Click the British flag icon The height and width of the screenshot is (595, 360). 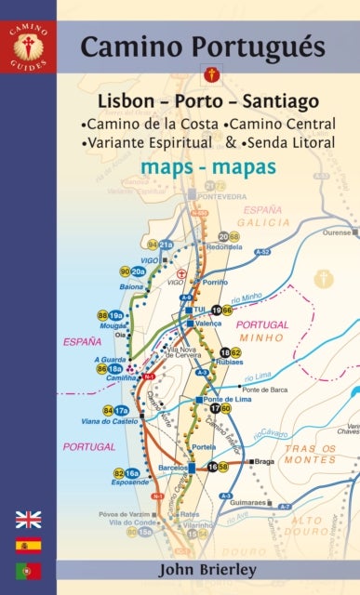point(29,519)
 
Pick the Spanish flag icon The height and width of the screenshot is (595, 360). point(29,545)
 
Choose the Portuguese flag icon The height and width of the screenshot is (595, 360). point(29,570)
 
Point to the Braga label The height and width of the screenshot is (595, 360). point(265,461)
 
